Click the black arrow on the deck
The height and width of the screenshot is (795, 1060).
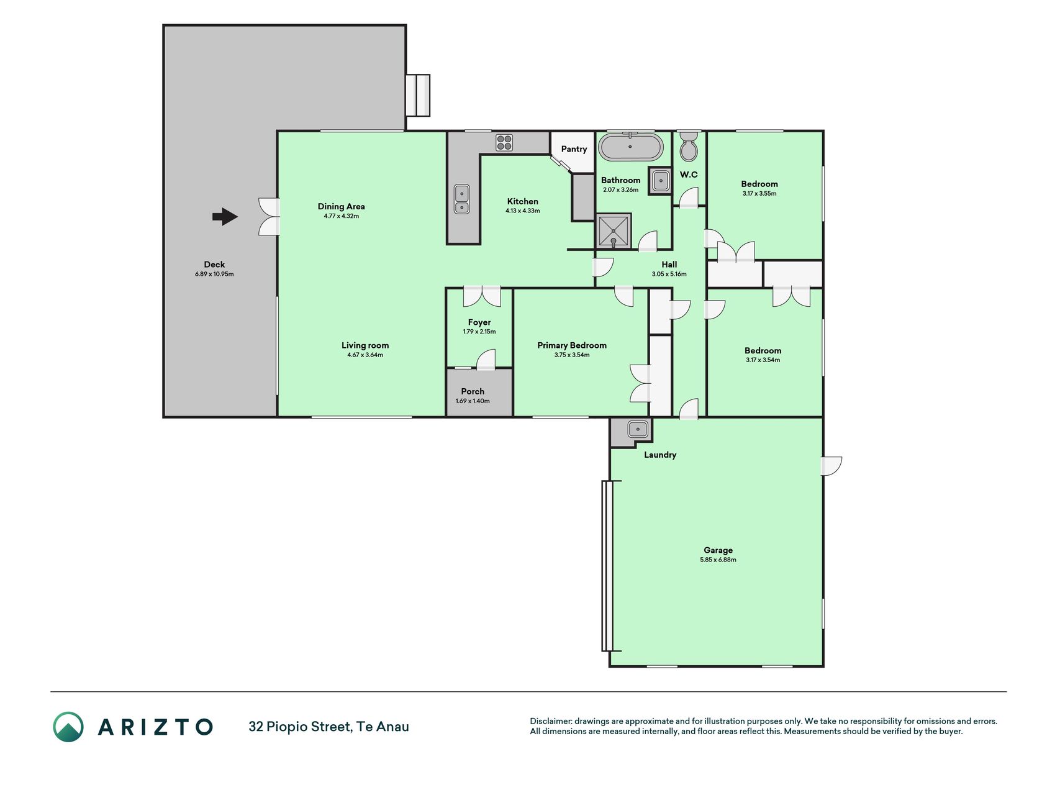(x=225, y=217)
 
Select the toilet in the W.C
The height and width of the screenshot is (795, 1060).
(x=689, y=146)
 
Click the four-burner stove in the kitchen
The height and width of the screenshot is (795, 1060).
(x=504, y=143)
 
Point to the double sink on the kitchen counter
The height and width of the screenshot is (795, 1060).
(x=461, y=199)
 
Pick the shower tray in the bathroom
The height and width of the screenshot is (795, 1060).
(x=614, y=231)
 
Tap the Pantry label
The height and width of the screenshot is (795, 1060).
(x=574, y=149)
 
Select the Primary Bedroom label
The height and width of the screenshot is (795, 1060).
(x=572, y=345)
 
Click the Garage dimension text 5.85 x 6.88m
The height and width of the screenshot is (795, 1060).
(x=718, y=560)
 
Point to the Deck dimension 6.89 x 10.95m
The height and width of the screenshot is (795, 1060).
(x=214, y=274)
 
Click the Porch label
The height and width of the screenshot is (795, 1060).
(x=473, y=391)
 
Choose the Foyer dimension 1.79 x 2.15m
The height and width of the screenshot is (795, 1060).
(x=479, y=332)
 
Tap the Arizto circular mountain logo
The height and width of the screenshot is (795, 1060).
(x=68, y=727)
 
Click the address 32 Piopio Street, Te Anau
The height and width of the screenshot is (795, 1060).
(x=328, y=727)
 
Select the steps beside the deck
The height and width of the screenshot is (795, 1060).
(x=418, y=95)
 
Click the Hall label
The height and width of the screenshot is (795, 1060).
(x=669, y=265)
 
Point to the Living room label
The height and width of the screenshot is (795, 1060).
(x=365, y=345)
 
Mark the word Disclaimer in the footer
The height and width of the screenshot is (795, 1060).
(x=550, y=721)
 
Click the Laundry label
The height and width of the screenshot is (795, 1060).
(x=660, y=455)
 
